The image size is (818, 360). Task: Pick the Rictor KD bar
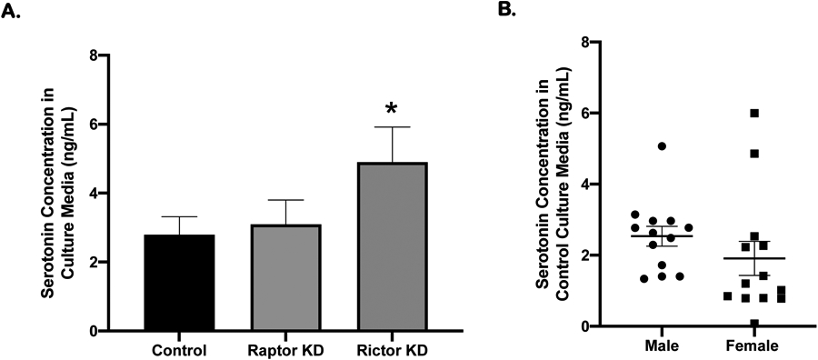(391, 246)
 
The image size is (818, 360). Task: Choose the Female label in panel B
(753, 346)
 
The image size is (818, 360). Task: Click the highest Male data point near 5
(662, 146)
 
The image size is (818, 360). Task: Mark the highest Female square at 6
(754, 114)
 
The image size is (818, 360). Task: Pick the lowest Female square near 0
(754, 323)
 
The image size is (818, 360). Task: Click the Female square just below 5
(754, 154)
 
